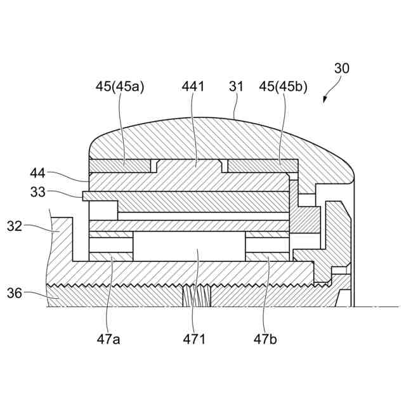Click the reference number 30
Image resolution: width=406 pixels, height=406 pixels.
click(x=341, y=68)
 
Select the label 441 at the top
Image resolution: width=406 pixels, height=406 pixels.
click(x=193, y=86)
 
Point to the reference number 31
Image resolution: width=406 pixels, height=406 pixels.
click(x=237, y=86)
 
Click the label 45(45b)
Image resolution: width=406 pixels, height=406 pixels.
click(x=284, y=86)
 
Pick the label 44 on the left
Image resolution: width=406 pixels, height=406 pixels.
click(x=38, y=172)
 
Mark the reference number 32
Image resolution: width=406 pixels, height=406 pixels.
click(x=15, y=226)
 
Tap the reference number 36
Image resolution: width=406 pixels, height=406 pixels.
click(x=15, y=292)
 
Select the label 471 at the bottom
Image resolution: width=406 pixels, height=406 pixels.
click(x=195, y=339)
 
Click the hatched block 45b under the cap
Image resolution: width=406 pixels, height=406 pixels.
click(x=263, y=166)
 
